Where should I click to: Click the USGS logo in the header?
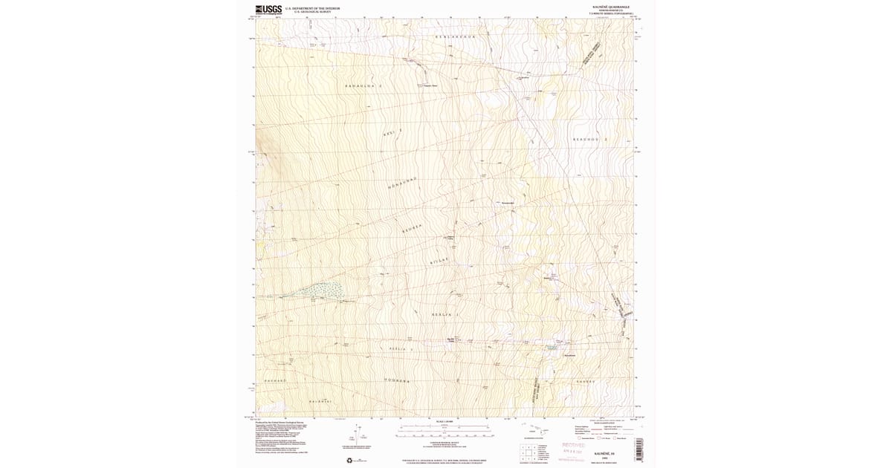pyautogui.click(x=264, y=10)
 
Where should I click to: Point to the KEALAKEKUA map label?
pyautogui.click(x=454, y=36)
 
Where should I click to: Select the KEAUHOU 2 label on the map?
pyautogui.click(x=590, y=140)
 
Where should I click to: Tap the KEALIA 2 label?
pyautogui.click(x=401, y=348)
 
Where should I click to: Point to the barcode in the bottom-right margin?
pyautogui.click(x=639, y=449)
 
